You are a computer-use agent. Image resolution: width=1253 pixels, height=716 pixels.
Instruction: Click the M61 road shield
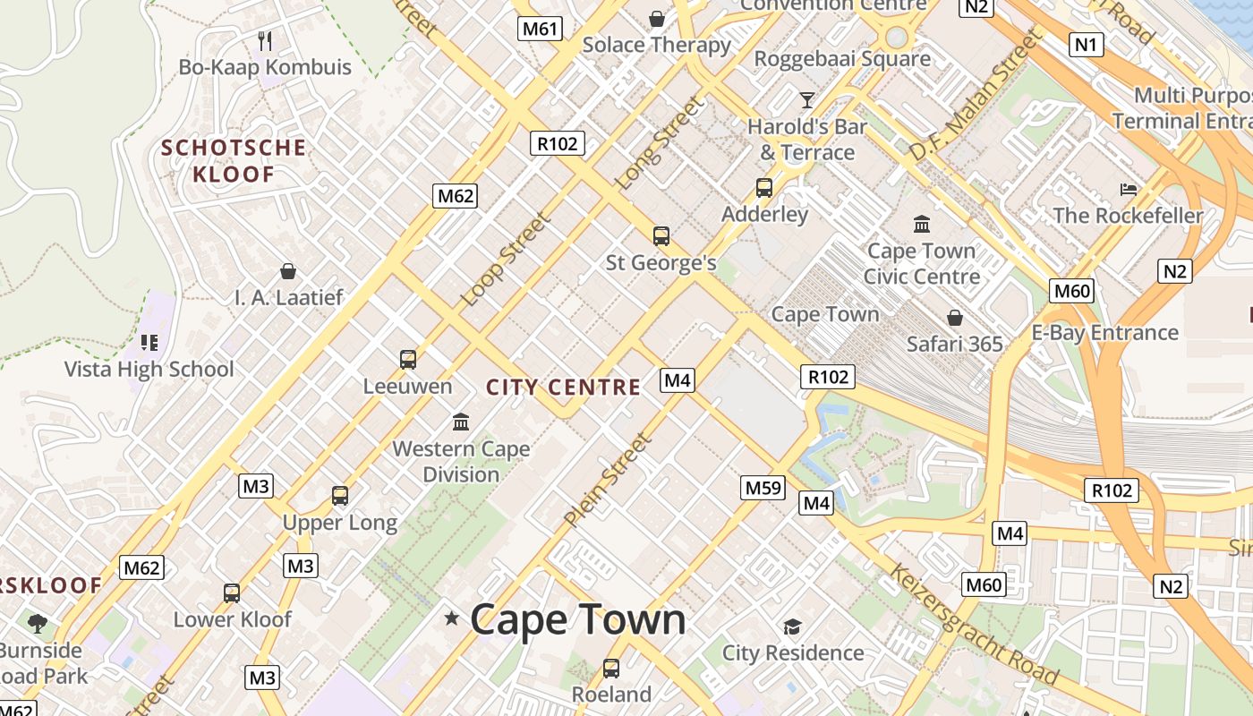click(540, 29)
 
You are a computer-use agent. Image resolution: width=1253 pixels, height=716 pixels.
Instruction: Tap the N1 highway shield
click(1087, 44)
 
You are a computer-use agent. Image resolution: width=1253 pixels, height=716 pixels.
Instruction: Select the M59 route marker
click(763, 488)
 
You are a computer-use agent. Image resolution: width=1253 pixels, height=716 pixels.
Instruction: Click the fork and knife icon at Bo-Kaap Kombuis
click(265, 40)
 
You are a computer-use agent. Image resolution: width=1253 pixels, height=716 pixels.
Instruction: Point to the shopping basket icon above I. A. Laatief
click(288, 270)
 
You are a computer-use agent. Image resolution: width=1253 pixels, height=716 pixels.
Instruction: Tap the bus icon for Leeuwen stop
click(408, 360)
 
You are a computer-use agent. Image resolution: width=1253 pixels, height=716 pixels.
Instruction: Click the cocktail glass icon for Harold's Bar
click(807, 99)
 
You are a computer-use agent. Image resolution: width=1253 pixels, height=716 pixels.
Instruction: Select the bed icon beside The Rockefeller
click(1129, 189)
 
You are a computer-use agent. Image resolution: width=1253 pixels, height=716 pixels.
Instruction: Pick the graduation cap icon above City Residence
click(792, 626)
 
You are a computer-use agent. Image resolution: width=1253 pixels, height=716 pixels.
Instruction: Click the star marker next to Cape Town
click(452, 618)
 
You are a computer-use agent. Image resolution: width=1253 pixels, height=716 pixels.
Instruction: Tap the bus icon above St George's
click(661, 236)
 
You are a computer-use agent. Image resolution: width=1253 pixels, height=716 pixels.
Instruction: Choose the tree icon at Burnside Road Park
click(37, 623)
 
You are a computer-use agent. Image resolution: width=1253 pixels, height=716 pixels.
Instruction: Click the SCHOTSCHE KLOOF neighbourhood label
click(234, 160)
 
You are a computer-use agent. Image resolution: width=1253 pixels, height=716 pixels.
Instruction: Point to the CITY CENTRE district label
click(563, 388)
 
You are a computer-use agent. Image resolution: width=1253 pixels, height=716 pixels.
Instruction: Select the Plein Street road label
click(606, 480)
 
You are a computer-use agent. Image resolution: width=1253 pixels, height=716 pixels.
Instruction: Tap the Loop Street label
click(506, 259)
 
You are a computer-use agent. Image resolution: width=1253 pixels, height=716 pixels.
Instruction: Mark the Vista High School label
click(149, 369)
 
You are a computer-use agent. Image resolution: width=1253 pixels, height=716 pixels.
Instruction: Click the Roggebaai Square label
click(842, 59)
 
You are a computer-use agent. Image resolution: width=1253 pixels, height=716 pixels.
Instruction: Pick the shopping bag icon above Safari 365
click(955, 318)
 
